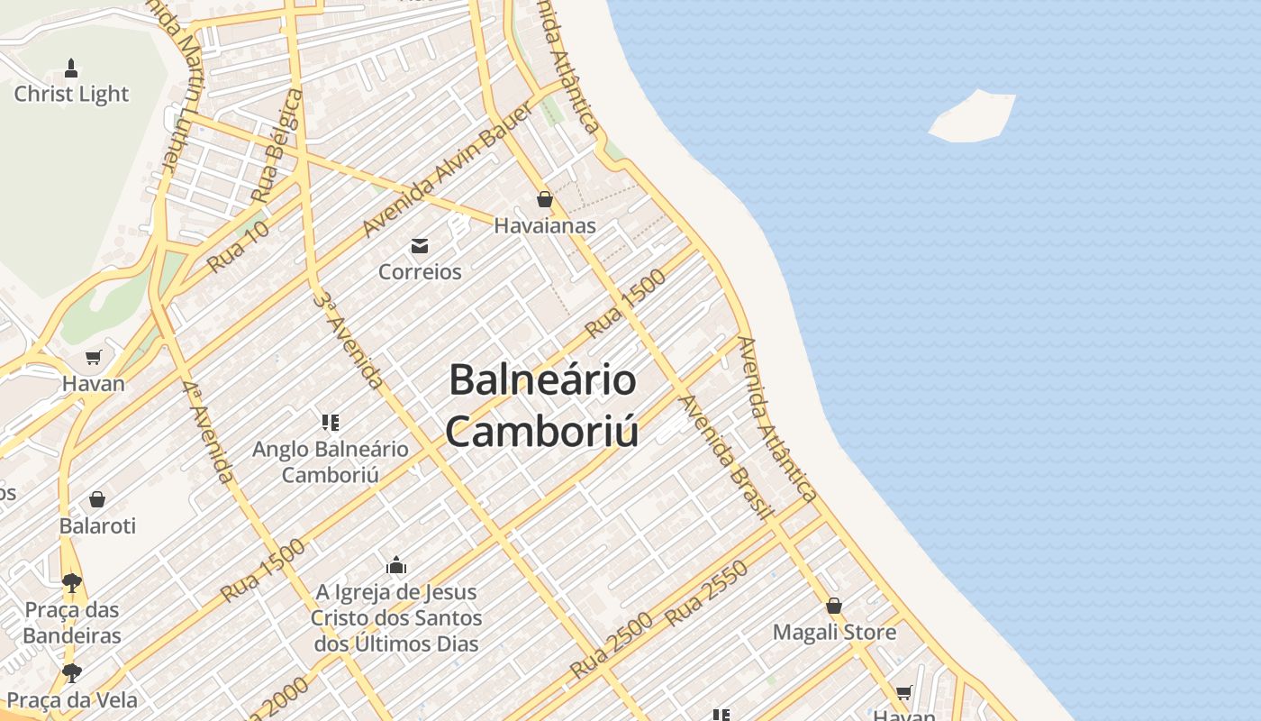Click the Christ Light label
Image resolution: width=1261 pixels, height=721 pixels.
click(71, 94)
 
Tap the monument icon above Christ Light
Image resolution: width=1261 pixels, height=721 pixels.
click(71, 68)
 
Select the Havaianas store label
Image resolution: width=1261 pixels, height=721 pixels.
click(545, 225)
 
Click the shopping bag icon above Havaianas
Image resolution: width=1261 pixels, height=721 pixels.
click(545, 199)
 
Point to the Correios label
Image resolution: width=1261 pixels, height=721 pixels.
click(420, 271)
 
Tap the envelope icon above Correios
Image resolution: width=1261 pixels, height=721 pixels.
click(420, 245)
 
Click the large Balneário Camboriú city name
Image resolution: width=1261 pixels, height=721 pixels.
click(543, 406)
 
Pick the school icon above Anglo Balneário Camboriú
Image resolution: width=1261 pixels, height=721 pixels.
click(330, 422)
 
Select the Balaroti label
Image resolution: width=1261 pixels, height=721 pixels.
click(97, 525)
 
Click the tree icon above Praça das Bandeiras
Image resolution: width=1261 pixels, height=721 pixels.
click(72, 583)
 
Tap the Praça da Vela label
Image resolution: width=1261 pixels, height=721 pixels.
click(72, 700)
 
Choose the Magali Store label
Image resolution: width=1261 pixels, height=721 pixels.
click(834, 632)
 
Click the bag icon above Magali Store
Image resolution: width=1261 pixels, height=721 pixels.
click(834, 606)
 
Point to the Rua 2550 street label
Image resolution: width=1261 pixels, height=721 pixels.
click(707, 594)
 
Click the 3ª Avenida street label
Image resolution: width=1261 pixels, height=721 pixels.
click(348, 338)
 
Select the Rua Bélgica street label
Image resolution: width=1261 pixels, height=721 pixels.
click(277, 147)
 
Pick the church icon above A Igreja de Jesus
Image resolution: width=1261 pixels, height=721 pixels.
click(396, 566)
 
